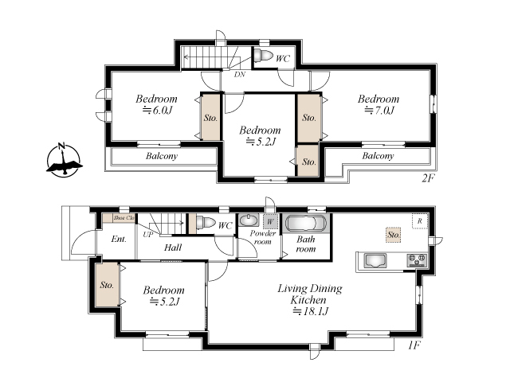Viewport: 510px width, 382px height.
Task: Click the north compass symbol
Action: pos(64,161)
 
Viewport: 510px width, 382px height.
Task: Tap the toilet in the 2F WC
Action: pos(263,55)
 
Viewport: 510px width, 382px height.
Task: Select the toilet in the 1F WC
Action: pos(206,223)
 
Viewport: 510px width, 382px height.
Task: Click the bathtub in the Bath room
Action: pos(306,224)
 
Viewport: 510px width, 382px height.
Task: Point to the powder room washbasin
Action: pos(249,220)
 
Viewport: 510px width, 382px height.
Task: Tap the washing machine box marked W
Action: pos(270,222)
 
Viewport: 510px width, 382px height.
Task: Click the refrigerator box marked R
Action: pos(420,221)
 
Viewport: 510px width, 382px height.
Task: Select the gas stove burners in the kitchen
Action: pos(417,260)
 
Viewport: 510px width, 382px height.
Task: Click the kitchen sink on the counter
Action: pos(375,260)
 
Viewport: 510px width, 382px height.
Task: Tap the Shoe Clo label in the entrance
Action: pos(124,217)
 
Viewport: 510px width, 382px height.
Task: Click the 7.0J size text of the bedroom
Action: pos(379,111)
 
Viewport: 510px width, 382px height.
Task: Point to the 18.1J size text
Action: pos(311,311)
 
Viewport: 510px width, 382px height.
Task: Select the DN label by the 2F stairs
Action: pos(240,74)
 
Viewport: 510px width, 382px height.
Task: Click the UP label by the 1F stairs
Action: pos(147,234)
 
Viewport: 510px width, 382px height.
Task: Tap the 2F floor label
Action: pos(428,178)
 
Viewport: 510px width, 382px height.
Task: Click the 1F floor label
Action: pos(414,345)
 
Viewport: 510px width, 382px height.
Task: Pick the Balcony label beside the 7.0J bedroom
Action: pos(378,156)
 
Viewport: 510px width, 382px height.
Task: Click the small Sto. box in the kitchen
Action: pos(394,235)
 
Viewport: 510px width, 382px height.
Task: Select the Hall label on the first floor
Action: pos(173,248)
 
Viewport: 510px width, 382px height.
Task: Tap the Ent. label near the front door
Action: pos(119,239)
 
